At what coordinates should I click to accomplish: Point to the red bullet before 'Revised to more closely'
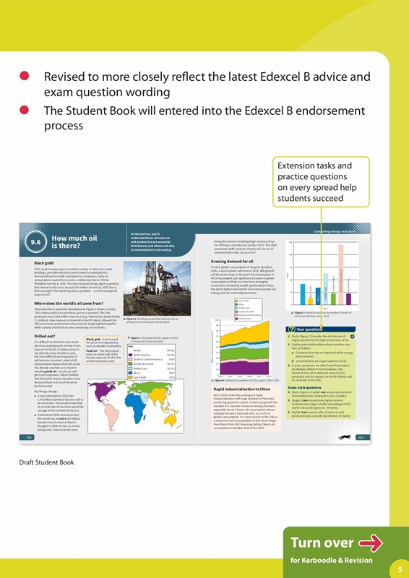(x=25, y=76)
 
